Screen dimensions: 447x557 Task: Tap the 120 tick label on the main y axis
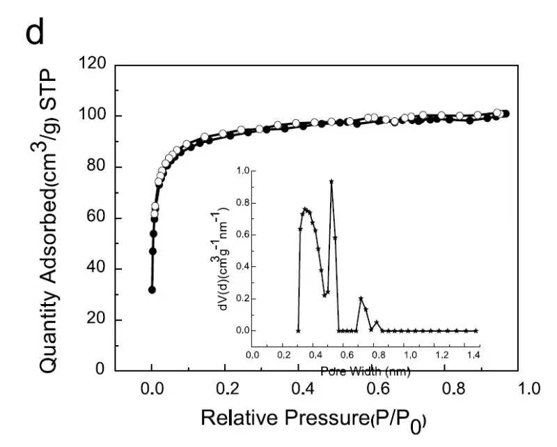click(91, 65)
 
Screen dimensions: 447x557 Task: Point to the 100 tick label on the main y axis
click(91, 116)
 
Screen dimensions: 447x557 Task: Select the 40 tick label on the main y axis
click(95, 269)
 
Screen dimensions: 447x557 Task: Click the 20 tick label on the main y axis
click(95, 320)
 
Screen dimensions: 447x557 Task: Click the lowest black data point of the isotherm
click(152, 289)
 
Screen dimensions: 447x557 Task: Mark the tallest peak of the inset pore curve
click(331, 181)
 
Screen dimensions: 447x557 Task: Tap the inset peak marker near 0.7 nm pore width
click(361, 298)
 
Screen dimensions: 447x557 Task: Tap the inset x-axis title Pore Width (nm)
click(366, 372)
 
